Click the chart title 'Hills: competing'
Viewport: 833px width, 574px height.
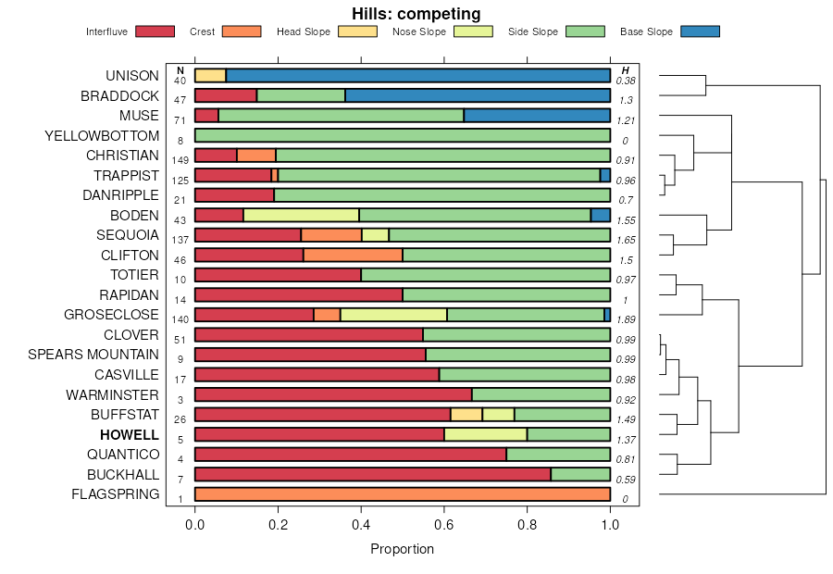pos(416,13)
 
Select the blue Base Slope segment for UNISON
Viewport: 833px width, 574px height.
pos(417,75)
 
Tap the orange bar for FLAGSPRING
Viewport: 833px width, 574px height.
pos(402,494)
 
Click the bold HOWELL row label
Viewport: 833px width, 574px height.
pos(130,435)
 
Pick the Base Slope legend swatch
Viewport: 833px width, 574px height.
pos(700,31)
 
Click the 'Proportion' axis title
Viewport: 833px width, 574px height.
pos(402,548)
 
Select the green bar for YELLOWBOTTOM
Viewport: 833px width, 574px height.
pos(402,135)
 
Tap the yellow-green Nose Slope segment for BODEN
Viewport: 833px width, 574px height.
pos(301,215)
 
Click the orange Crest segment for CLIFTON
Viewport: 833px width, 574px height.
pos(353,255)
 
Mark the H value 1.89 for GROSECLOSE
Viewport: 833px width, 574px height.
pos(626,319)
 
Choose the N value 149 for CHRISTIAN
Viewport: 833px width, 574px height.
pos(180,160)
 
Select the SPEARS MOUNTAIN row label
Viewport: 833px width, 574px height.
pos(93,355)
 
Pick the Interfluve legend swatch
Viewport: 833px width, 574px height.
pos(155,31)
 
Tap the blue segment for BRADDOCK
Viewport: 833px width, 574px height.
pos(478,95)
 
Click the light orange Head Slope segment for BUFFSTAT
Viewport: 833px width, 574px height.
pos(466,414)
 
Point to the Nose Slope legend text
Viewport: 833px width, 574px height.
pos(416,31)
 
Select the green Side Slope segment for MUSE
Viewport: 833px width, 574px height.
pos(341,116)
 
